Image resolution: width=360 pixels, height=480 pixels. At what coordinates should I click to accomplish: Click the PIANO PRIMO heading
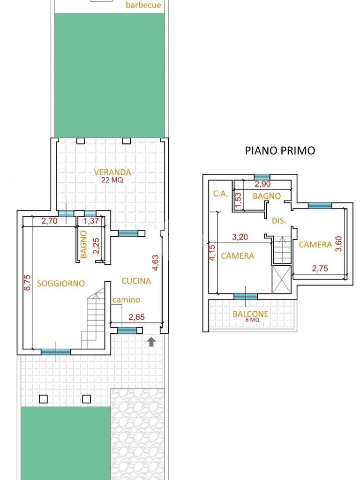280,150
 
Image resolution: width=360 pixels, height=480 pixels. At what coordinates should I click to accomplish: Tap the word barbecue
143,5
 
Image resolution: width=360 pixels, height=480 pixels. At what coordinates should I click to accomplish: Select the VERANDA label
112,172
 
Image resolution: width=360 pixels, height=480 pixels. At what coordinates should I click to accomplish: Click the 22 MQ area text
112,180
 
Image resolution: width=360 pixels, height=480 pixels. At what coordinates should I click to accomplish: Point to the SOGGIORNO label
61,283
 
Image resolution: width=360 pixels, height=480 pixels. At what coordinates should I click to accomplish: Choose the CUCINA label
136,281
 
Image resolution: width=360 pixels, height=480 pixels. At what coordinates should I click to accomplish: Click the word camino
126,300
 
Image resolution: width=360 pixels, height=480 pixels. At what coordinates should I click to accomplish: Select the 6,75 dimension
27,282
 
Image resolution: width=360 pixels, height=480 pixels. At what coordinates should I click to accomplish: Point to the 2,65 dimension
136,317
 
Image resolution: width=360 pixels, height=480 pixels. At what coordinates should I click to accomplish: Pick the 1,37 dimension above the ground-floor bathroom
91,221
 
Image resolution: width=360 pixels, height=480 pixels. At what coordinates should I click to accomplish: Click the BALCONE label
250,314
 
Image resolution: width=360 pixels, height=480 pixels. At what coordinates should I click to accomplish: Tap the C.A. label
220,194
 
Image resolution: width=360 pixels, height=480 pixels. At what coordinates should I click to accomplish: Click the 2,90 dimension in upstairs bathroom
262,184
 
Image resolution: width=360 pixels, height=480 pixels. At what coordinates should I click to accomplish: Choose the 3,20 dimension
240,237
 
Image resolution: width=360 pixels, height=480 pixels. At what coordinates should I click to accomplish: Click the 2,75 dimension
320,269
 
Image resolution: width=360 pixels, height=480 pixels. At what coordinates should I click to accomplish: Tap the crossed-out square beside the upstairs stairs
281,279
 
